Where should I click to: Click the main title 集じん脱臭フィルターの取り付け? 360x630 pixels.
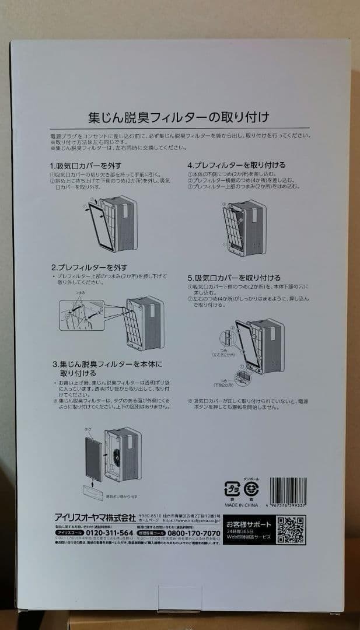click(178, 117)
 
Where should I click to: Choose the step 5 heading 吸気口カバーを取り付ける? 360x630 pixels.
click(233, 278)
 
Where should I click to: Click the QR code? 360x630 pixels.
click(290, 530)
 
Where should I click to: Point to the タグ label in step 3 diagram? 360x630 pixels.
click(88, 429)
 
